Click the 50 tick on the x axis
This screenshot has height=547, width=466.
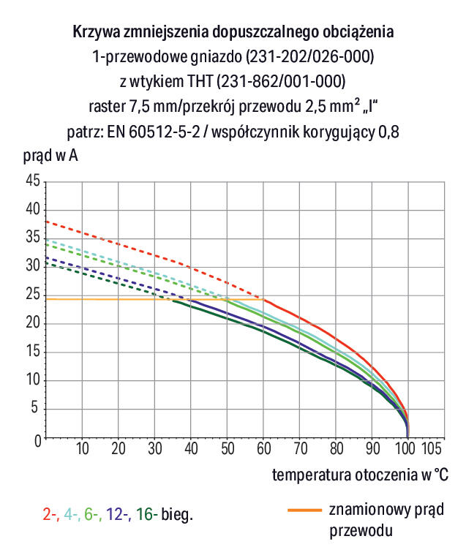click(227, 448)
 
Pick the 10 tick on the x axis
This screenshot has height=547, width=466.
click(82, 448)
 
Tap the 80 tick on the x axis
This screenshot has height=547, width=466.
click(336, 448)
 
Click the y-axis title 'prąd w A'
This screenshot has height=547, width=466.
click(47, 156)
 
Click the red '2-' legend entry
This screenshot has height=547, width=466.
click(50, 515)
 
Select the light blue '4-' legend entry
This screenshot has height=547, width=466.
click(72, 515)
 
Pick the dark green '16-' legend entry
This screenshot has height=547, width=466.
click(145, 515)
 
